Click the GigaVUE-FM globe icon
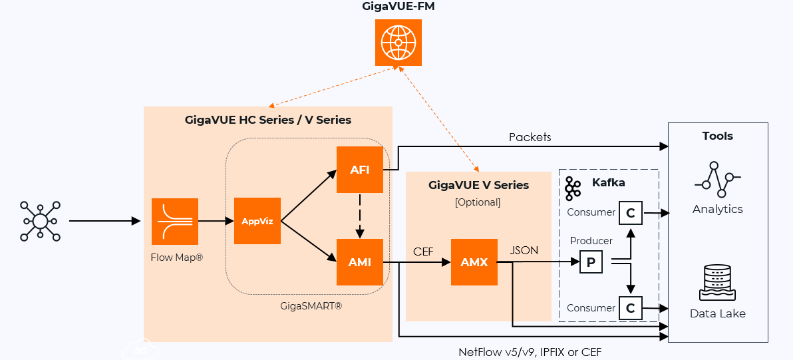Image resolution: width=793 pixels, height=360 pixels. (x=398, y=43)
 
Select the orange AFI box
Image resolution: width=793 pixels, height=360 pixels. (x=360, y=170)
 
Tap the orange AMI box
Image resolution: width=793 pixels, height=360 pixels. (x=360, y=262)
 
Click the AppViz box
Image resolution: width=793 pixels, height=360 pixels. (x=257, y=221)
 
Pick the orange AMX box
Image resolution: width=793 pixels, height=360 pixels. (x=474, y=262)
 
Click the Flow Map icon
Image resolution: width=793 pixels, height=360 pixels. (x=174, y=221)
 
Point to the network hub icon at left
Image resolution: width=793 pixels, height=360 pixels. (x=40, y=221)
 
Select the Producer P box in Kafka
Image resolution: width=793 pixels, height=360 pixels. (x=591, y=262)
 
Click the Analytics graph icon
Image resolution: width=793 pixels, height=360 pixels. (x=717, y=179)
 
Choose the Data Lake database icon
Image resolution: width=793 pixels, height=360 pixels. (x=717, y=282)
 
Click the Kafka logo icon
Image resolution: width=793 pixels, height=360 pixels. (x=573, y=188)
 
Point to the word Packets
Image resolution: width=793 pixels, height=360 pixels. (x=530, y=137)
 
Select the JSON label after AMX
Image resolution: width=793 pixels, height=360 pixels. (x=524, y=251)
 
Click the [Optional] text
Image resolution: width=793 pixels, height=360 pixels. (x=478, y=202)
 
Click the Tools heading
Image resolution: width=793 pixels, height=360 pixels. (x=717, y=136)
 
